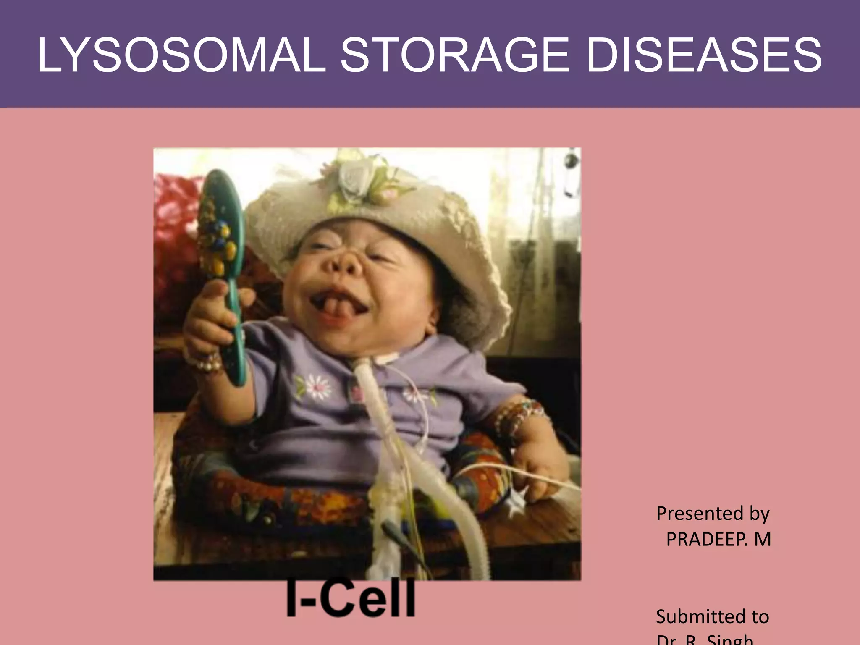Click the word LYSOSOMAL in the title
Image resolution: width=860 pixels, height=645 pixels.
(x=181, y=55)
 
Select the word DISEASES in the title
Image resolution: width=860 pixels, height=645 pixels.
(x=703, y=55)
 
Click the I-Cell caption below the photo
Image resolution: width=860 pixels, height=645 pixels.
(x=351, y=598)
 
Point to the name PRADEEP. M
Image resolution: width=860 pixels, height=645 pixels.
(x=718, y=539)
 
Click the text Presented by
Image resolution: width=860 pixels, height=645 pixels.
(x=713, y=513)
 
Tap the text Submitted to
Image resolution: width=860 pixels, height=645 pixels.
(x=712, y=616)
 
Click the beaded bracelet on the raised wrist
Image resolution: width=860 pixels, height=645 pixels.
(x=208, y=362)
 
